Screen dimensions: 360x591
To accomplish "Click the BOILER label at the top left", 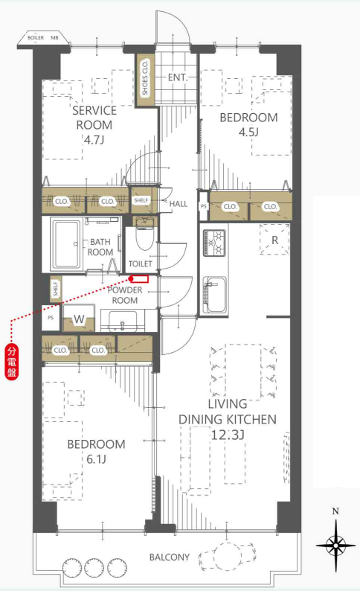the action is (36, 38).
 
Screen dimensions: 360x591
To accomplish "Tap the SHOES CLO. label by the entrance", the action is (145, 78).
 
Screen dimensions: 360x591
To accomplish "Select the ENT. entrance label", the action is (178, 77).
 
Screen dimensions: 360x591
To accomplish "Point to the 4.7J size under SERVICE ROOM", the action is (94, 140).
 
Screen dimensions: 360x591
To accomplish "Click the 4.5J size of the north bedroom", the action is (249, 132).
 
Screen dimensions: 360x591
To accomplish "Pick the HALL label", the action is (178, 204).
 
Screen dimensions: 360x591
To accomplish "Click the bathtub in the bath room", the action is (66, 244).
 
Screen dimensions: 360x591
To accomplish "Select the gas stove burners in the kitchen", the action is (213, 243).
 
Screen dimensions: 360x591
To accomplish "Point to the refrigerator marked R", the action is (275, 240).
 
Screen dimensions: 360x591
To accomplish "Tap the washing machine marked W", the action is (79, 319).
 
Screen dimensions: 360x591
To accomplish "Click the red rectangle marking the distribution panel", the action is (140, 279).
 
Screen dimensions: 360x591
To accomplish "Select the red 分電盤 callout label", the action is (12, 362).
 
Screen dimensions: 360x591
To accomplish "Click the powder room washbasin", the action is (123, 322).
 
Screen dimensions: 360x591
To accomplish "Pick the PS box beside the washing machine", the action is (51, 318).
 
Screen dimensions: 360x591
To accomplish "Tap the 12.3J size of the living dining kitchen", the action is (228, 435).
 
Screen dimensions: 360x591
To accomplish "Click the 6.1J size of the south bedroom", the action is (96, 459).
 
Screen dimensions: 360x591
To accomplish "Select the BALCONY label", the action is (170, 557).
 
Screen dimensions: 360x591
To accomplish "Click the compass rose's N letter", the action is (335, 511).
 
